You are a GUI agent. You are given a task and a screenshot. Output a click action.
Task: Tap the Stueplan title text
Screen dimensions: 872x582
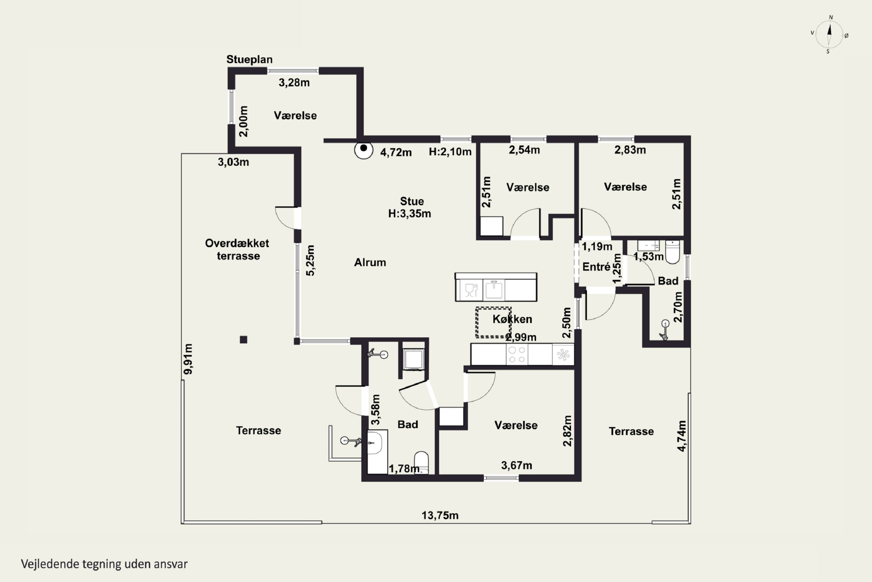click(249, 59)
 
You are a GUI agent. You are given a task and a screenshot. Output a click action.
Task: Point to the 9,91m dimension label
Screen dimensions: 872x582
click(188, 359)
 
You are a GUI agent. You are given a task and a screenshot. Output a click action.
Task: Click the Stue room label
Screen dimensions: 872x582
click(412, 201)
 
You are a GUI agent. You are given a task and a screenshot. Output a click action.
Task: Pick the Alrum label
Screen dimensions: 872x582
click(370, 262)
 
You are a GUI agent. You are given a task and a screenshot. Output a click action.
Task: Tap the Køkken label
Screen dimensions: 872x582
click(512, 319)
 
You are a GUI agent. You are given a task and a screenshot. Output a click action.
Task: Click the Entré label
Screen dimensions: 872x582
click(596, 267)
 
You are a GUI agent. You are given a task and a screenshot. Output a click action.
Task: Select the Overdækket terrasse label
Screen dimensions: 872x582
click(237, 249)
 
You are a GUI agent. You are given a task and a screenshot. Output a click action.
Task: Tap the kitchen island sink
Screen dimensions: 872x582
click(494, 290)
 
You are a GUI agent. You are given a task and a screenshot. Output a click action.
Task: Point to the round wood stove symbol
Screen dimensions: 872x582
click(364, 150)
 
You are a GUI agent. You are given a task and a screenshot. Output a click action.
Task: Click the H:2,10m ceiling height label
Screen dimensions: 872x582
click(450, 152)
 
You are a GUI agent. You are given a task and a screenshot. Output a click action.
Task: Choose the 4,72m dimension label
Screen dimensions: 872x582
click(396, 152)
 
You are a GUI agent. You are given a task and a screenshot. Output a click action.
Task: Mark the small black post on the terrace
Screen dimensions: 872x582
click(244, 340)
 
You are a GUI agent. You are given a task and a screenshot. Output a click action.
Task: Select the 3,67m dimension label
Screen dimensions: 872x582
click(517, 465)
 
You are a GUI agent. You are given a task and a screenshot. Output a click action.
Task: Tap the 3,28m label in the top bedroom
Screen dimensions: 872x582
click(294, 82)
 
